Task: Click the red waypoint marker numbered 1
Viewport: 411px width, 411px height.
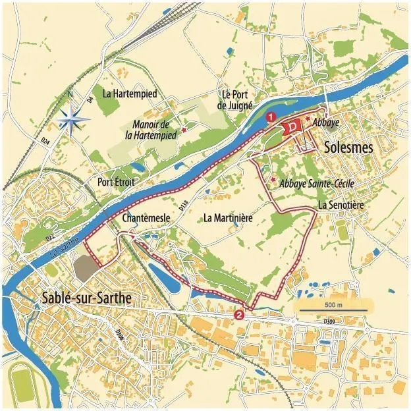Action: pos(270,117)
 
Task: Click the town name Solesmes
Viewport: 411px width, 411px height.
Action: pos(348,149)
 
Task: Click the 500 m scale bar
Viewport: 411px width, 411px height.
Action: pos(333,306)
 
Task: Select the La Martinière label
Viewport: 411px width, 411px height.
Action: pos(229,217)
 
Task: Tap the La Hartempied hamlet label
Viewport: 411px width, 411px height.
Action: pos(130,94)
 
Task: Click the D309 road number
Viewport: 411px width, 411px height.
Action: pos(330,321)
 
